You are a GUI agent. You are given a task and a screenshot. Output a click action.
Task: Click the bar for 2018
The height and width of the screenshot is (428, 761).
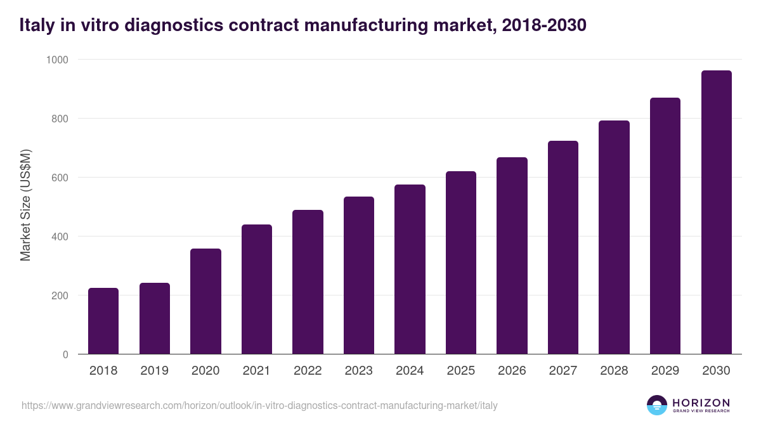point(103,321)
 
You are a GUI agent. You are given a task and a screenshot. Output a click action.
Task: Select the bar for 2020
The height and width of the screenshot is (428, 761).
point(205,301)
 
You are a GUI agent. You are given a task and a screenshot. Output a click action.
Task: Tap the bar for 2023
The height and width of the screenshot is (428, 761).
point(359,275)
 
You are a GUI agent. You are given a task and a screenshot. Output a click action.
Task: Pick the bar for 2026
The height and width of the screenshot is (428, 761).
point(512,256)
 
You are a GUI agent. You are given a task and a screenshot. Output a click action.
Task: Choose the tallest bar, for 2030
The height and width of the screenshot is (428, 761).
point(716,212)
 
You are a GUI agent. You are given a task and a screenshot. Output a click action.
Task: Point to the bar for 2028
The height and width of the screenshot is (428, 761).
point(614,237)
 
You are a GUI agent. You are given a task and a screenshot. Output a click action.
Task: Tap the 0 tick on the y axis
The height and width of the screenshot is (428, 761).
point(65,354)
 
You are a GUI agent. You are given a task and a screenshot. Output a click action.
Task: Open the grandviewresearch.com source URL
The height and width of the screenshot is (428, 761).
point(259,405)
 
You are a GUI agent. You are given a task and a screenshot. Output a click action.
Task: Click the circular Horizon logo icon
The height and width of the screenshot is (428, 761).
point(657,405)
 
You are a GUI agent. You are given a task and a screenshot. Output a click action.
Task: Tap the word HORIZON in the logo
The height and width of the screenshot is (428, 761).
point(701,402)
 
